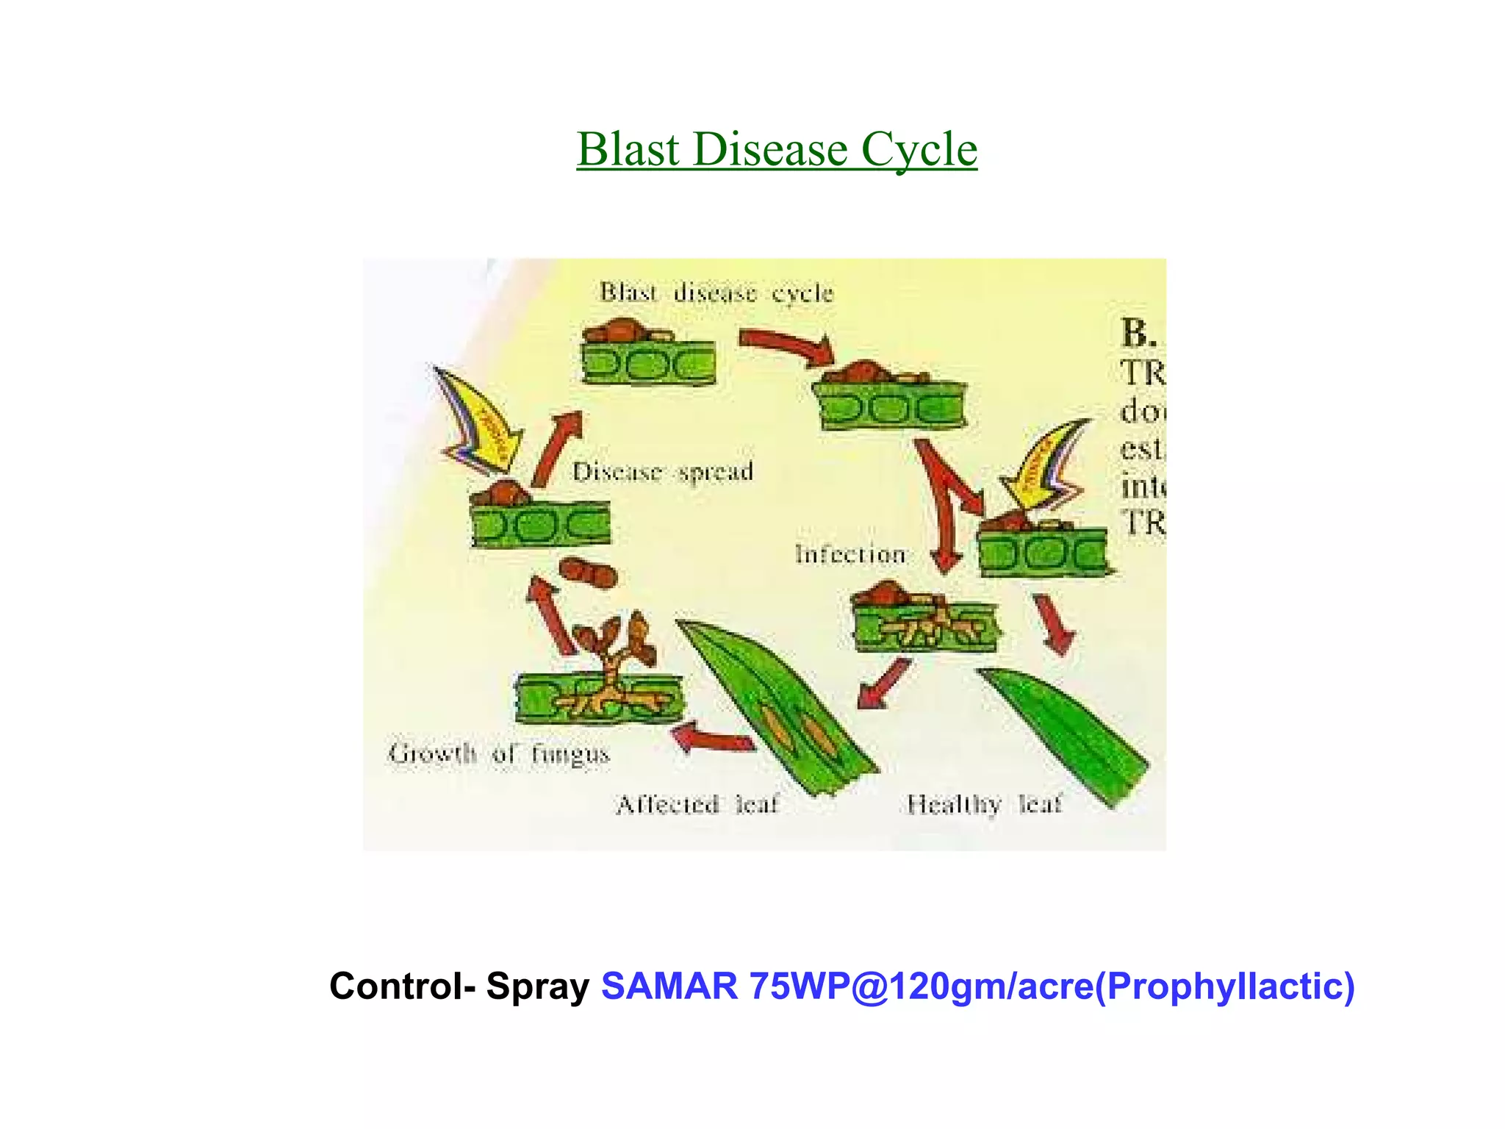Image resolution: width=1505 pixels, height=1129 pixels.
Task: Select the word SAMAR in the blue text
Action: (x=669, y=986)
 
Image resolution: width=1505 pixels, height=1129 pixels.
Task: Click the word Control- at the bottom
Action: (x=402, y=986)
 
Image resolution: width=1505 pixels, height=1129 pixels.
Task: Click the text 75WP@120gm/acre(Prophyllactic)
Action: (x=1052, y=986)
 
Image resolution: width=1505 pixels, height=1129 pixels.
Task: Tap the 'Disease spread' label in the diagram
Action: (x=663, y=472)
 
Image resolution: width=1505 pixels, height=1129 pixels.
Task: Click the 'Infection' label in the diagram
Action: (x=850, y=554)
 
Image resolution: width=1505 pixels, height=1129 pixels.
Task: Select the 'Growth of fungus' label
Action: (x=499, y=754)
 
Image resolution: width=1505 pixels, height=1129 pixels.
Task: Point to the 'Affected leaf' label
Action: (x=697, y=805)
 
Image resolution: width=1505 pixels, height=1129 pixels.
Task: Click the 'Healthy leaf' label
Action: (x=984, y=805)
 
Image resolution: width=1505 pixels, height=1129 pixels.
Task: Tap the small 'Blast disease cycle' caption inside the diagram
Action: (x=716, y=293)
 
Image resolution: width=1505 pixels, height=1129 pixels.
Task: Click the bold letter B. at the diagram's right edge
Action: (x=1138, y=334)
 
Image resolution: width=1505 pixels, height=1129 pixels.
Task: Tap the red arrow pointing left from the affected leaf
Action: (x=713, y=738)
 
